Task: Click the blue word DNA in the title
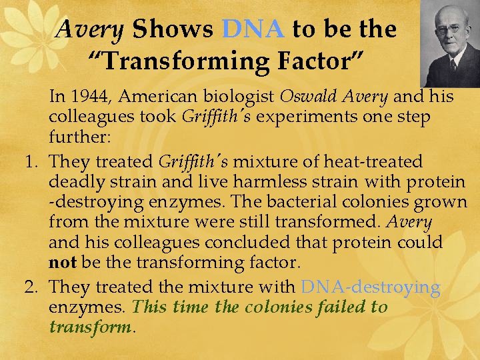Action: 253,29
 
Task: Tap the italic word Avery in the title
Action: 91,29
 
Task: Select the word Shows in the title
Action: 173,29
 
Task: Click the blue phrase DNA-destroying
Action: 370,287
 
